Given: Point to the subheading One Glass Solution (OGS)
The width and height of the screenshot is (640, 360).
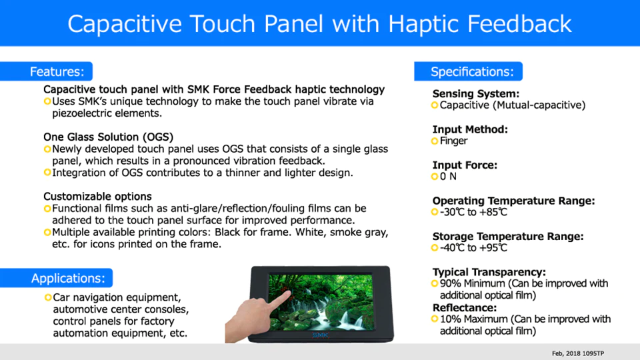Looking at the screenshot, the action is (108, 137).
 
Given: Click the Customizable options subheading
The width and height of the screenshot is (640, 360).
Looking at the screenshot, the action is (97, 196).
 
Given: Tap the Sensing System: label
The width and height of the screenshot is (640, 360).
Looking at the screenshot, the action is (476, 94).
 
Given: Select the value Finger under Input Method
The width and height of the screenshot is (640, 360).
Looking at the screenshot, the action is (453, 141).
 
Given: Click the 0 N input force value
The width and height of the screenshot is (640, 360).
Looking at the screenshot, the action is (448, 176).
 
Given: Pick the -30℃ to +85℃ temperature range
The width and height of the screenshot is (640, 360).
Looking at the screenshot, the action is (473, 212).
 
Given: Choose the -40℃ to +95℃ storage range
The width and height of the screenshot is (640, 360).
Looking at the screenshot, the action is (473, 248).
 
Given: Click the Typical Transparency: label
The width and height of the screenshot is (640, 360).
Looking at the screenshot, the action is (489, 272).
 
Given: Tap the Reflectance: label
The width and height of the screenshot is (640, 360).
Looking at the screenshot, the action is (465, 308).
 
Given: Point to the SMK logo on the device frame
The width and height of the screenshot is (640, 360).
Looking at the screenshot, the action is (321, 335).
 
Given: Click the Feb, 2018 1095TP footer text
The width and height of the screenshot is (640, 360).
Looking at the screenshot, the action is (577, 353).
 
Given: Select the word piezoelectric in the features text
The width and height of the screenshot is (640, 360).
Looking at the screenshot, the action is (81, 113).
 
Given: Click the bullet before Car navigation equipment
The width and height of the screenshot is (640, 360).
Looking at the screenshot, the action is (48, 297).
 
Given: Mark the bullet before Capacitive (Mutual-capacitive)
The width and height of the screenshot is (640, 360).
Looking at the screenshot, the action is (435, 105).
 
